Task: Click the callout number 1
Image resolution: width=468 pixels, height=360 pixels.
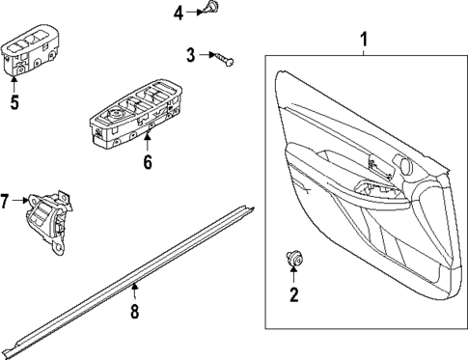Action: (x=364, y=41)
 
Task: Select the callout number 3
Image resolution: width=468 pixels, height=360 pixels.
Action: (x=191, y=55)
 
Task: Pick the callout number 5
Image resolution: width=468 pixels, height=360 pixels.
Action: (x=14, y=102)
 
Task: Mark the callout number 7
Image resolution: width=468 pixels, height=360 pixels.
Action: (x=6, y=201)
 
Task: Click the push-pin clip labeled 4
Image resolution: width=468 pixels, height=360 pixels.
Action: (x=211, y=11)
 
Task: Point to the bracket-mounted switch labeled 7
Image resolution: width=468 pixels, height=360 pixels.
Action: (x=48, y=218)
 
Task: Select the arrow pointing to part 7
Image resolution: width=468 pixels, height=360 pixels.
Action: (x=20, y=201)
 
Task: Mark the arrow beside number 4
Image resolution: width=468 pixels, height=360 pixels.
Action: (x=192, y=12)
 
